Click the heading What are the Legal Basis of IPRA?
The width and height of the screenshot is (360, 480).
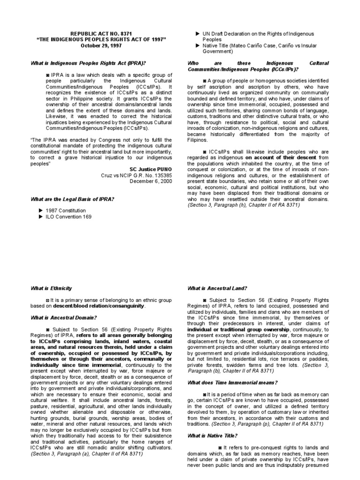click(73, 200)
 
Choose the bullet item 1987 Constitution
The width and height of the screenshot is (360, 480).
click(66, 210)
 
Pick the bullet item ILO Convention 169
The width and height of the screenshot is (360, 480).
click(68, 217)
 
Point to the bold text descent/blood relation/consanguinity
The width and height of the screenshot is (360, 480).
click(99, 306)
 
